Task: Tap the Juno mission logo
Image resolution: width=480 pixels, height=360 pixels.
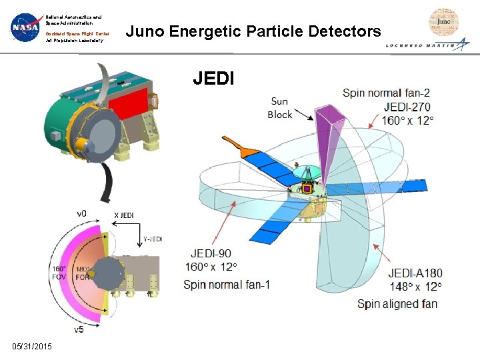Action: point(443,23)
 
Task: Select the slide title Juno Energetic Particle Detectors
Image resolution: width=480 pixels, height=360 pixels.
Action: point(253,31)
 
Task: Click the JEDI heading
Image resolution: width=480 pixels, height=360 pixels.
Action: point(213,79)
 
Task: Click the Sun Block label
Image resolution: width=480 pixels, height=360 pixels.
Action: point(280,108)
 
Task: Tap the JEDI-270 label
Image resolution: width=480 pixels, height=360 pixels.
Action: point(407,107)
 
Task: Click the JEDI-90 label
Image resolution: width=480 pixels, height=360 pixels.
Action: point(211,253)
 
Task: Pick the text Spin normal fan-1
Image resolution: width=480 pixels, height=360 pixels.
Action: point(227,285)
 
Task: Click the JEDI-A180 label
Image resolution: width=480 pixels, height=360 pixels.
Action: point(415,273)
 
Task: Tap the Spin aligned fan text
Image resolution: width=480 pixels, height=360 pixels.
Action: point(397,304)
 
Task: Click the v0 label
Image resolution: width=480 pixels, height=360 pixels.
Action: point(81,213)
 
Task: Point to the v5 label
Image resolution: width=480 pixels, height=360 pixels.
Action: point(79,329)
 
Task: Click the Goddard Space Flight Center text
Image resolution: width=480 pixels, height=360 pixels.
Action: point(77,33)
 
